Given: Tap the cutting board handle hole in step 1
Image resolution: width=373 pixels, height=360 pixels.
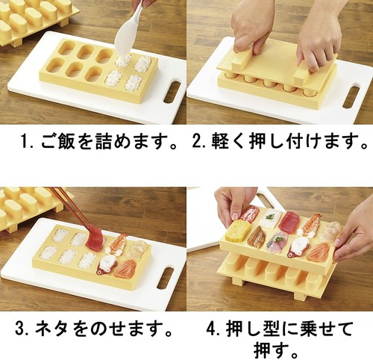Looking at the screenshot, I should tap(171, 91).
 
